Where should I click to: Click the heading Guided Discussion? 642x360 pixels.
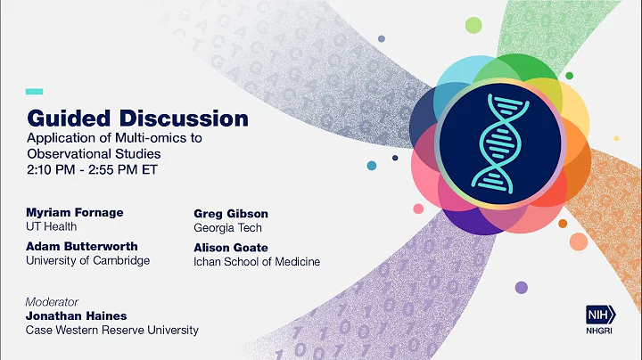[137, 118]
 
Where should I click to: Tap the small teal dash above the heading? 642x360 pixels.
[35, 91]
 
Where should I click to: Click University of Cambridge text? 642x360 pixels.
[88, 261]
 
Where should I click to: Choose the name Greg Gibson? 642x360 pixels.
[231, 214]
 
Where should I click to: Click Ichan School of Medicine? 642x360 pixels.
[257, 262]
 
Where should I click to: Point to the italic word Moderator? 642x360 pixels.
[52, 302]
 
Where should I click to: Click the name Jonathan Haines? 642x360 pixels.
[78, 316]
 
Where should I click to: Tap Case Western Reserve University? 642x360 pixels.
[112, 331]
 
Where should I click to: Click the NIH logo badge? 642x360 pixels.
[601, 315]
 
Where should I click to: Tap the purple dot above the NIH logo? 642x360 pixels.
[521, 287]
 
